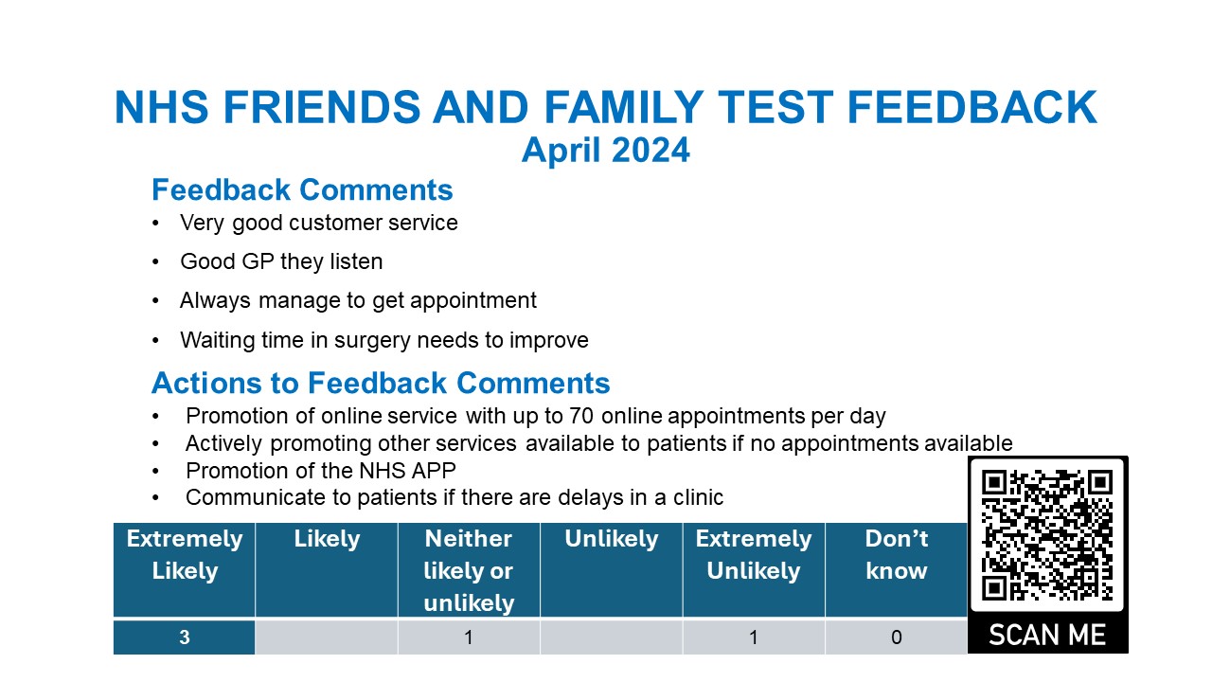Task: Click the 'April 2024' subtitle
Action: tap(605, 150)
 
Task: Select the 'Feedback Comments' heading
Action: tap(302, 189)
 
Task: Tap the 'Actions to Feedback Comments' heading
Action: tap(381, 383)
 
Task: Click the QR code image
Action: tap(1047, 535)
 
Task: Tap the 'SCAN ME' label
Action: tap(1047, 634)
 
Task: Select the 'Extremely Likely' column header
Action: tap(185, 555)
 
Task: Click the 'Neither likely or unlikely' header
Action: tap(469, 570)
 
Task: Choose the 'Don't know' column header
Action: tap(896, 555)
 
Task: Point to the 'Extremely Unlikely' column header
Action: tap(754, 555)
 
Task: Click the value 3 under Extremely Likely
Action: tap(185, 637)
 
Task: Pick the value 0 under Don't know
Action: tap(896, 637)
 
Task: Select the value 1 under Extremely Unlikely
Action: tap(754, 637)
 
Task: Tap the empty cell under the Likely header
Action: tap(327, 637)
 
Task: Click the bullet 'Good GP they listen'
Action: tap(281, 261)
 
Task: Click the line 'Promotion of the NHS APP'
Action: tap(320, 471)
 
